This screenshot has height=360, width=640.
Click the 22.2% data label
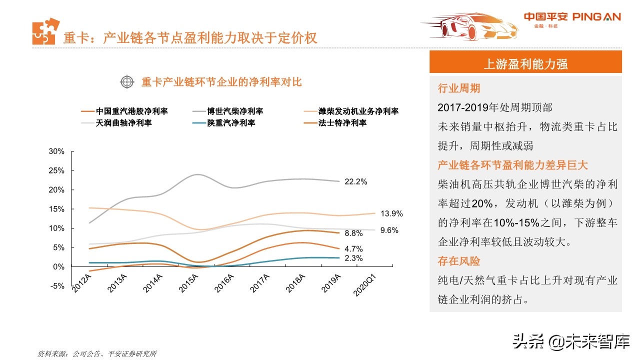point(356,182)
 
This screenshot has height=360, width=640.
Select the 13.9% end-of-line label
point(391,213)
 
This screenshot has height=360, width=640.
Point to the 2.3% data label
point(353,258)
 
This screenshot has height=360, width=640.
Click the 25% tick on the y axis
point(56,170)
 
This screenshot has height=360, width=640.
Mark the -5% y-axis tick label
point(56,286)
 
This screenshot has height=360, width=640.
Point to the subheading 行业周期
point(459,88)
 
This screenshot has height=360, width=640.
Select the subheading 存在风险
point(459,261)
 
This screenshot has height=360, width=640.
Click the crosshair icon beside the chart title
point(127,82)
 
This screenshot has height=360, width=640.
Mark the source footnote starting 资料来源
point(97,353)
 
